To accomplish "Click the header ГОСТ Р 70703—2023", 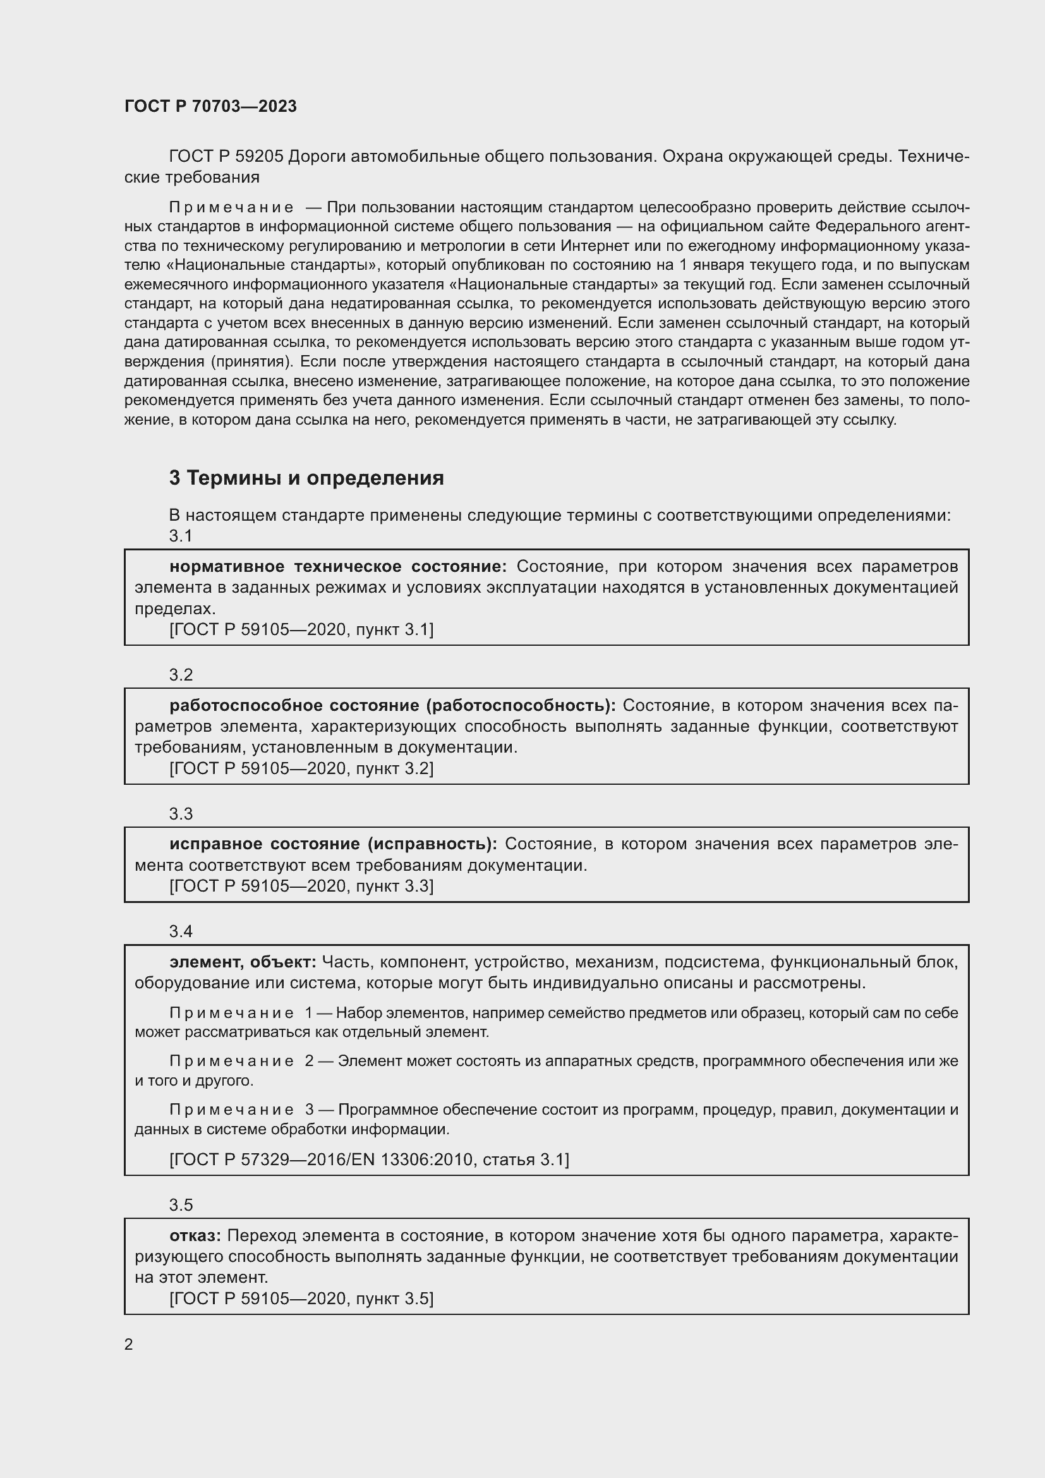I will pyautogui.click(x=210, y=106).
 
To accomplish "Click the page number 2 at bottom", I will pyautogui.click(x=129, y=1344).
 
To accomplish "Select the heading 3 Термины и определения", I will pyautogui.click(x=306, y=478).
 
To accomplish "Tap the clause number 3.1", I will pyautogui.click(x=181, y=536).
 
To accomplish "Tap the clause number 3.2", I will pyautogui.click(x=181, y=675).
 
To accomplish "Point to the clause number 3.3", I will pyautogui.click(x=181, y=814).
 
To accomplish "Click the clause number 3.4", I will pyautogui.click(x=181, y=931).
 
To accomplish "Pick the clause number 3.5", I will pyautogui.click(x=181, y=1204).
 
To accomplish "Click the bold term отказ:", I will pyautogui.click(x=195, y=1235).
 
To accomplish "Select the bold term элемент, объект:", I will pyautogui.click(x=243, y=962).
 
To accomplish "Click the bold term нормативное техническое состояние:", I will pyautogui.click(x=338, y=566).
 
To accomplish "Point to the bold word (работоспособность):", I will pyautogui.click(x=521, y=706).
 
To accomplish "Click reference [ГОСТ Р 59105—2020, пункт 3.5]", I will pyautogui.click(x=301, y=1299).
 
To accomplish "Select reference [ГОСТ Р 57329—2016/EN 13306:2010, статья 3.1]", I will pyautogui.click(x=369, y=1160).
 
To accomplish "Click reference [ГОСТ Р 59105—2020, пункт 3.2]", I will pyautogui.click(x=301, y=768).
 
